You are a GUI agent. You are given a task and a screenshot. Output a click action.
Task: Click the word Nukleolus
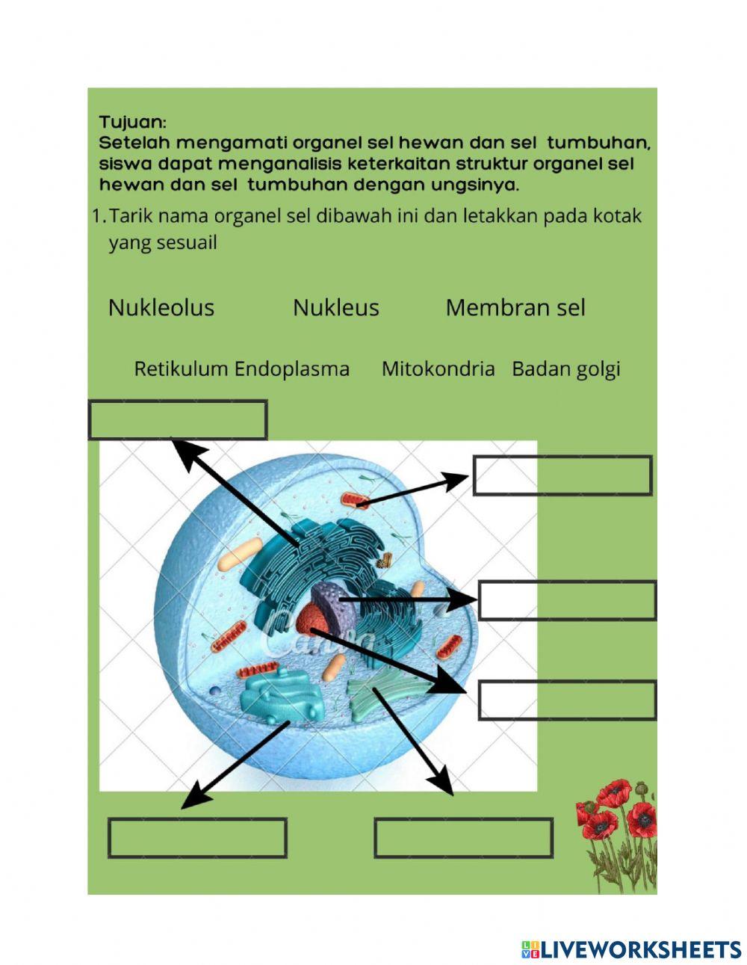coord(161,307)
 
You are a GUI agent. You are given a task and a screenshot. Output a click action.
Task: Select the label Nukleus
coord(336,307)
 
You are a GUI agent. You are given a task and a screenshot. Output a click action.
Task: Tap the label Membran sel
coord(515,307)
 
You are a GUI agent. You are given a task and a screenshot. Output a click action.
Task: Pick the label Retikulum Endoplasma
coord(241,369)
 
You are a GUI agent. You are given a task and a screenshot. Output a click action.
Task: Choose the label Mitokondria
coord(438,369)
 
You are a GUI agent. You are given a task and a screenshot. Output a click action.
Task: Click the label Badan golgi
coord(566,369)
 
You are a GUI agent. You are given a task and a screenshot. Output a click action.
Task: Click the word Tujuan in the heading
coord(133,122)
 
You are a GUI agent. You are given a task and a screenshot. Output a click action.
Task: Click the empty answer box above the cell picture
coord(178,420)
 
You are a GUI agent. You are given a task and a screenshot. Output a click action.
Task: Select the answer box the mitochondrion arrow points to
coord(562,475)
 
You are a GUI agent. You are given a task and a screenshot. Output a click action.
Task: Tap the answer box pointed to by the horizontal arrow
coord(567,600)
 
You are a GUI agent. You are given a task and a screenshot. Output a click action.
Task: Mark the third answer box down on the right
coord(567,700)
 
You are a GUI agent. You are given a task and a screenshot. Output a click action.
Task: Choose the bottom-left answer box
coord(198,838)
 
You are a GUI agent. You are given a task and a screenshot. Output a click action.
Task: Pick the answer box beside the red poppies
coord(463,838)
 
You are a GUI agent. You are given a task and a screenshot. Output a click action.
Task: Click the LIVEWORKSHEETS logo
coord(631,949)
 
